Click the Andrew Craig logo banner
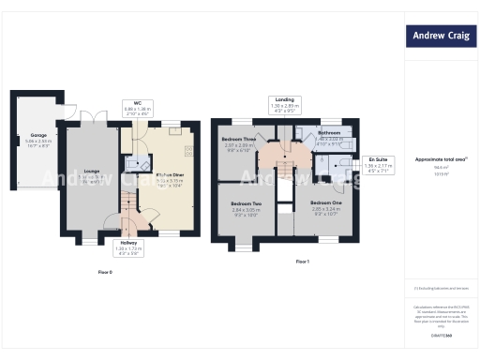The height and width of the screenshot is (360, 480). coord(442,37)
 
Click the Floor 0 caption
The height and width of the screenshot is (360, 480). coord(105,272)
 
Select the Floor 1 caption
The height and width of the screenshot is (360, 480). coord(302,262)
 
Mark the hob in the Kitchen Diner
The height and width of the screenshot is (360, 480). coord(190,150)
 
